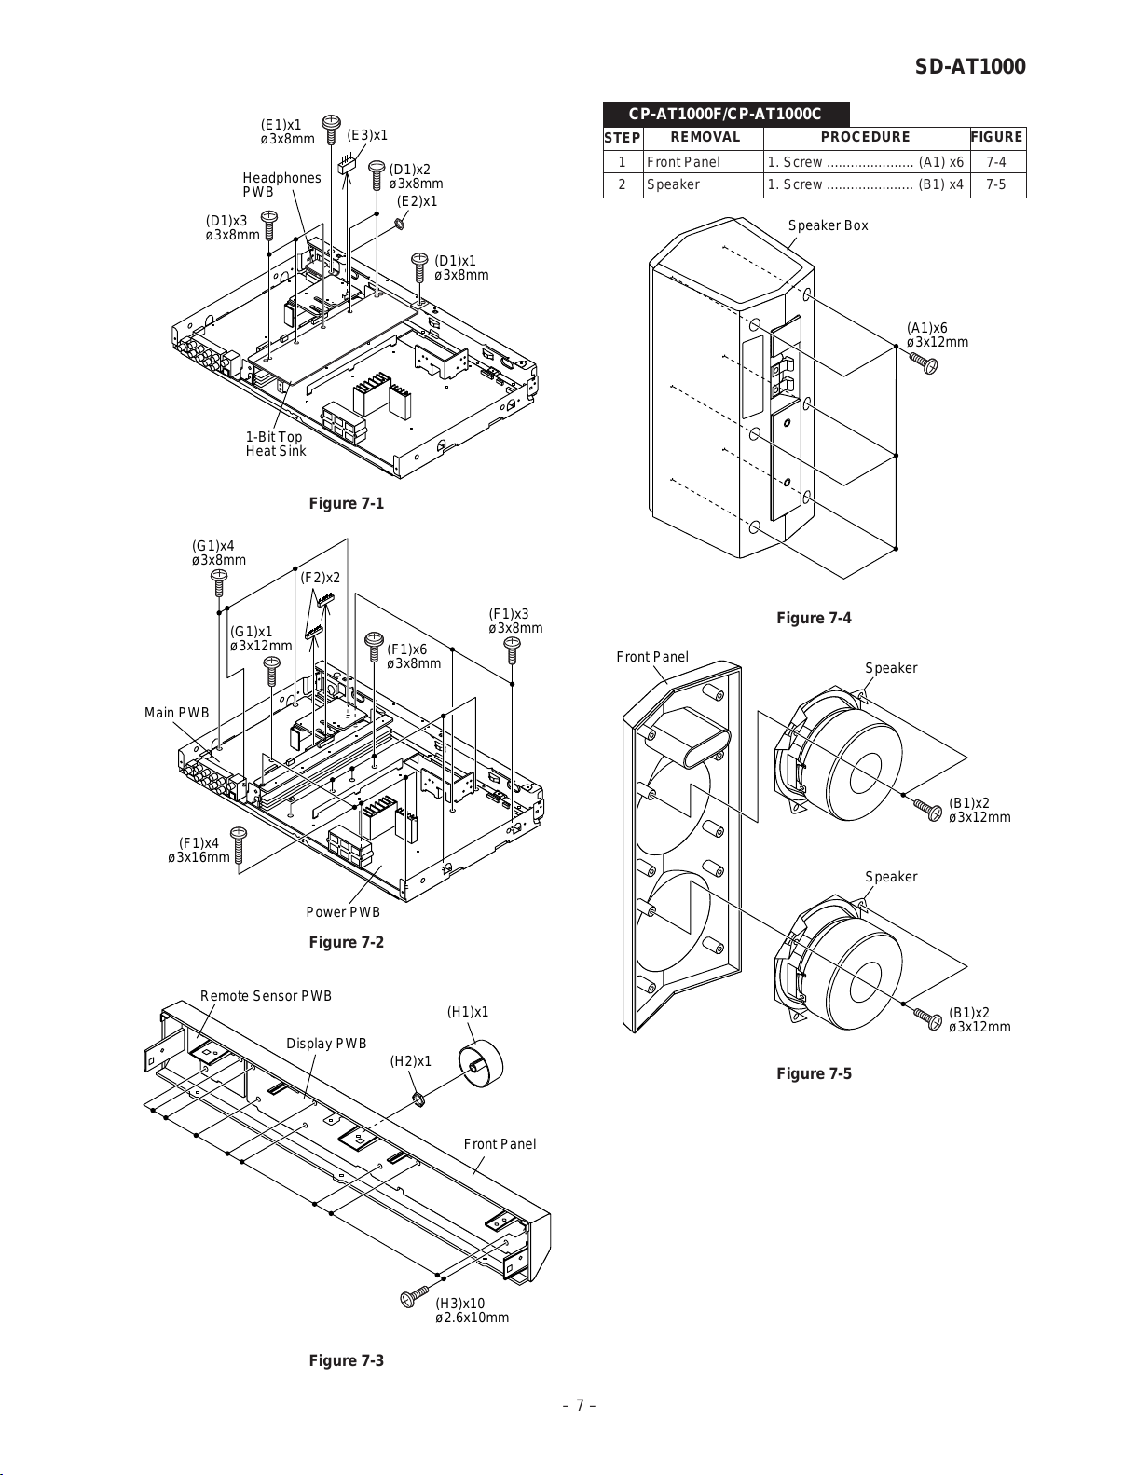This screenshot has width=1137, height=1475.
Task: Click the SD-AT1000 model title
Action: (x=970, y=66)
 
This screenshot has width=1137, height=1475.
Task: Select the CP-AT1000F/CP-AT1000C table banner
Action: (x=726, y=114)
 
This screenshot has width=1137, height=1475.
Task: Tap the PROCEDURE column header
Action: (x=866, y=137)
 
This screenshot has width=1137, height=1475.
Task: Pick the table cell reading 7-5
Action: (x=996, y=184)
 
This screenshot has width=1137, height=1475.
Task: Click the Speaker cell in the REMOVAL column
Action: (x=673, y=184)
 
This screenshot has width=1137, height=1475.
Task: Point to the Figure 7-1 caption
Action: (x=346, y=503)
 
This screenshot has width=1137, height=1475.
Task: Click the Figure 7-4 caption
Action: (x=814, y=618)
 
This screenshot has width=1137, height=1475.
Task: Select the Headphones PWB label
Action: (x=281, y=184)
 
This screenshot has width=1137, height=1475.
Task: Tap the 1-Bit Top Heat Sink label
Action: (x=276, y=444)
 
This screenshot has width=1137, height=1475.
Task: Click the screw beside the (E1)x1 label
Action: (x=331, y=129)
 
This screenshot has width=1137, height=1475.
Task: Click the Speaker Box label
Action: (x=828, y=225)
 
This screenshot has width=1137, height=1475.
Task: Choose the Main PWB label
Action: (x=176, y=713)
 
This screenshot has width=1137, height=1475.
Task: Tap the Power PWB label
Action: (x=343, y=911)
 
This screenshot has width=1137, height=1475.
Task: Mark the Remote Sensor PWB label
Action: (x=266, y=996)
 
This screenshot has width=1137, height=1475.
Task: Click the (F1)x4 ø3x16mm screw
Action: (x=239, y=844)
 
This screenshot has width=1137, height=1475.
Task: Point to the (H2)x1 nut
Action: (x=418, y=1099)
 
